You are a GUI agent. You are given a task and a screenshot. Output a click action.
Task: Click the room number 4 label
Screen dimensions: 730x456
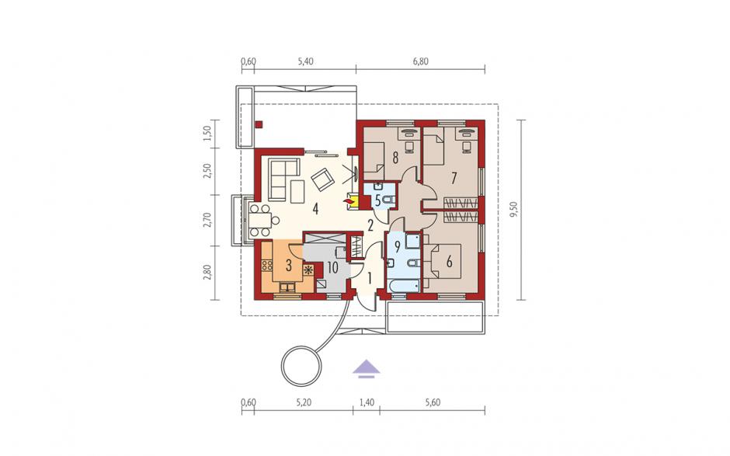click(315, 209)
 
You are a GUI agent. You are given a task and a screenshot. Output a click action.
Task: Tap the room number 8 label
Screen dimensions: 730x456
click(395, 158)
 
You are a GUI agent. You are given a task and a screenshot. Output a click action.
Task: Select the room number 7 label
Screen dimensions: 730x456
click(454, 177)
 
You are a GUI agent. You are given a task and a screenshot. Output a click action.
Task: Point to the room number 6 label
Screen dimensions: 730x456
click(450, 261)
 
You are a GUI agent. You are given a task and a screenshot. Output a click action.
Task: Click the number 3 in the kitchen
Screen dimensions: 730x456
click(289, 266)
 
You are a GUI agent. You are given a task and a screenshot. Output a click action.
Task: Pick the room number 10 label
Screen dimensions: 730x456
click(332, 267)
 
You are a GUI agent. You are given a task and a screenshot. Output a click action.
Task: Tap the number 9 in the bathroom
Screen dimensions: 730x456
click(397, 247)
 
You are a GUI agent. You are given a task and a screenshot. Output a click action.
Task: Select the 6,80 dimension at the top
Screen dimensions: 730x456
click(420, 61)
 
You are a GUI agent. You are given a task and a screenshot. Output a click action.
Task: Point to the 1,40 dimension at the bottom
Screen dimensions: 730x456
click(367, 402)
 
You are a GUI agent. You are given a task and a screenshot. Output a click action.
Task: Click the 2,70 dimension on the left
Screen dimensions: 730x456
click(207, 221)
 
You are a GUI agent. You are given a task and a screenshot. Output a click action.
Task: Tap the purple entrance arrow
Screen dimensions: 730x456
click(366, 367)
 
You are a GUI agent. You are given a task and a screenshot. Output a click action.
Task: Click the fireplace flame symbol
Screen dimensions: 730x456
click(348, 200)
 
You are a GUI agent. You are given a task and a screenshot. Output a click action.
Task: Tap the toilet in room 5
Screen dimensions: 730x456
click(389, 200)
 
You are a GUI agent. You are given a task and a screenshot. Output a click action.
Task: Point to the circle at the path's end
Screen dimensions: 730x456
click(301, 366)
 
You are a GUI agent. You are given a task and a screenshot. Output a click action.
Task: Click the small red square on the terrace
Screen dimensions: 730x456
click(259, 124)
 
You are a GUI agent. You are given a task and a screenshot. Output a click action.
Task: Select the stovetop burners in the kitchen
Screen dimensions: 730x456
click(267, 266)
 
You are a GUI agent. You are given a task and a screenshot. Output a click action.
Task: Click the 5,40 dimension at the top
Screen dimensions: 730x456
click(305, 61)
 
